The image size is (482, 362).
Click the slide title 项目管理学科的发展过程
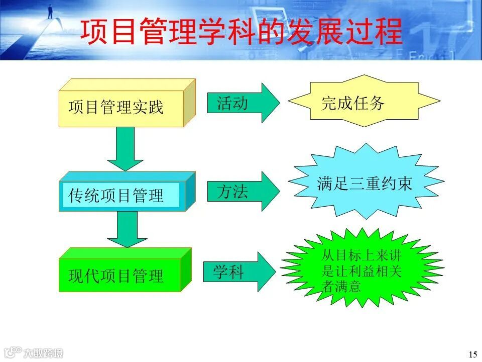242,31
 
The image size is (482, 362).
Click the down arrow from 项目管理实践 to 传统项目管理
125,148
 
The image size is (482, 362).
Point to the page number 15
472,354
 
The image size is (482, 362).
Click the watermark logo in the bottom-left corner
33,352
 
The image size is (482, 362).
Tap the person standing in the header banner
50,11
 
